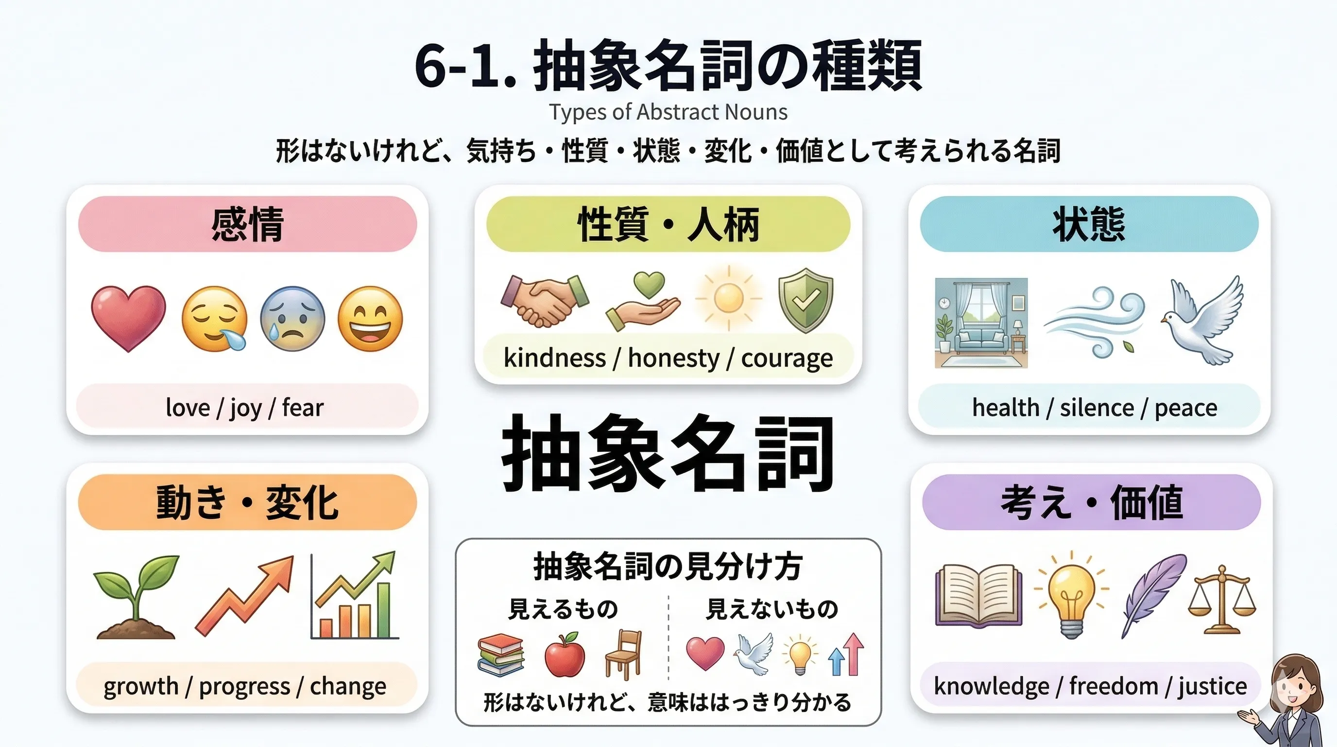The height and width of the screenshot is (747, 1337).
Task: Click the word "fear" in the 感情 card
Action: (x=303, y=407)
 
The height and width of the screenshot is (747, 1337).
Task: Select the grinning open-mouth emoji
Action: (x=370, y=319)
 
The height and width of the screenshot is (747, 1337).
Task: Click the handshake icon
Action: (x=545, y=300)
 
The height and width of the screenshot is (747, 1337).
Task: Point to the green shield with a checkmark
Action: (x=806, y=300)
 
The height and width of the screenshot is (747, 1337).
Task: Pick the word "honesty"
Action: (x=674, y=358)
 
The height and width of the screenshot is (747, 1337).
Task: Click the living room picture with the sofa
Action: (x=981, y=322)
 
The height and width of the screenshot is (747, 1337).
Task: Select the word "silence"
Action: (x=1097, y=408)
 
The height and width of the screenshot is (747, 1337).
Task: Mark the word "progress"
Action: (x=244, y=687)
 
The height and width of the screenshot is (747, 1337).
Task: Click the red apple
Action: (x=565, y=655)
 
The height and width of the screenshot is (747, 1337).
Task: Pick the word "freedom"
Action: (x=1114, y=687)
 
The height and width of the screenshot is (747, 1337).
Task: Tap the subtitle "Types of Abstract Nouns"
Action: (x=668, y=112)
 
